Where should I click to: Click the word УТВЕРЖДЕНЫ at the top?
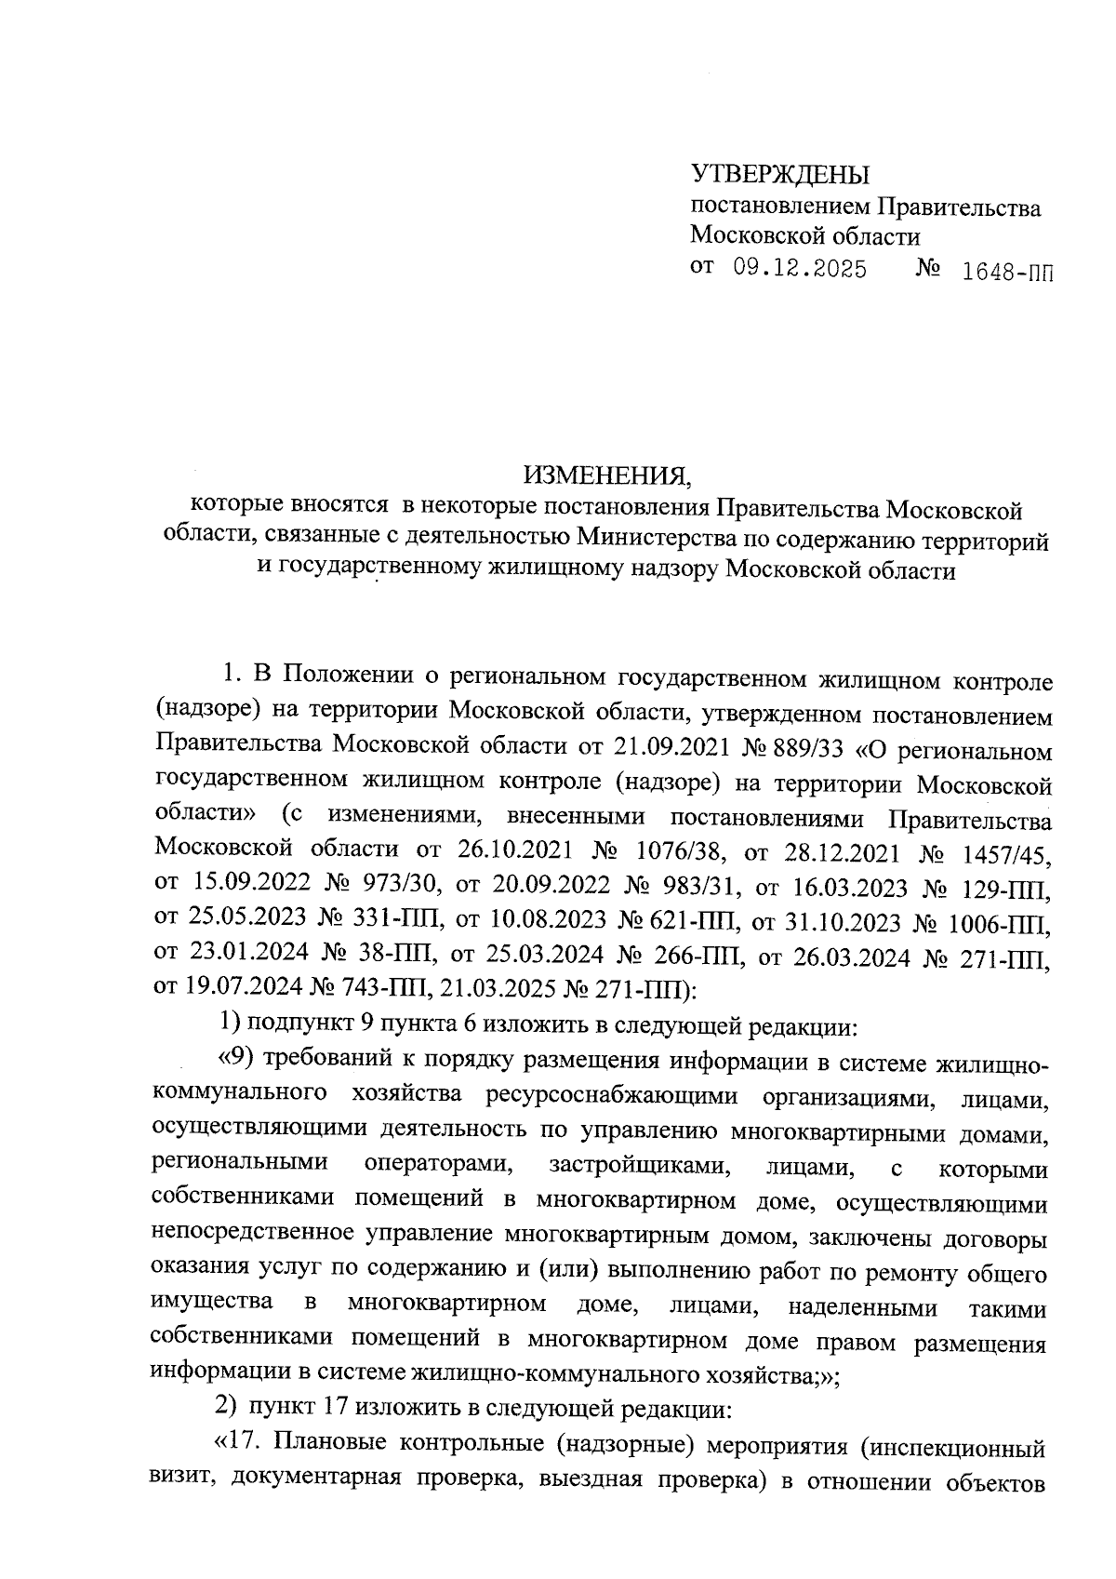tap(779, 174)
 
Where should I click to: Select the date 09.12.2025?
tap(800, 270)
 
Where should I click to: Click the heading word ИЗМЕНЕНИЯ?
tap(608, 476)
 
